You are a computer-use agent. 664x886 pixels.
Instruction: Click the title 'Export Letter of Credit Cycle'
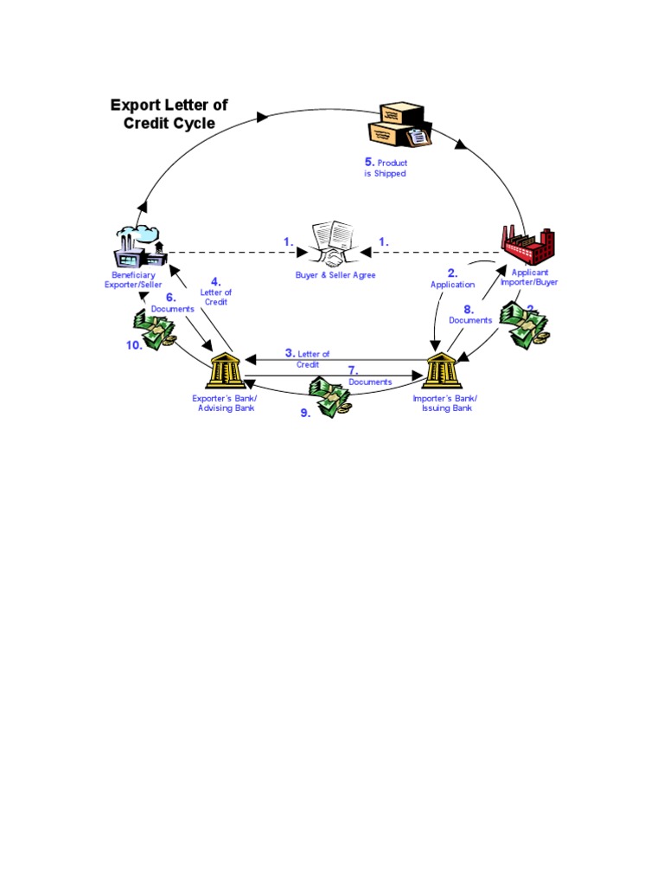(x=169, y=114)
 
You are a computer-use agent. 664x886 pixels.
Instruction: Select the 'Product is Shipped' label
(x=386, y=168)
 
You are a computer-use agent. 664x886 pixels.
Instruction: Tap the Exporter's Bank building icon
(x=225, y=371)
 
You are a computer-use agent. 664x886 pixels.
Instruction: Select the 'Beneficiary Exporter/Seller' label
(x=132, y=279)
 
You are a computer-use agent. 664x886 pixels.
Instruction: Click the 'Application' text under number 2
(x=453, y=285)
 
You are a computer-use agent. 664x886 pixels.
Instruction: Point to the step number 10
(x=132, y=343)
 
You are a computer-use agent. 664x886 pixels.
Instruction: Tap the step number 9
(x=305, y=414)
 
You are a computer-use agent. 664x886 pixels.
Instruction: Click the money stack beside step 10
(x=156, y=331)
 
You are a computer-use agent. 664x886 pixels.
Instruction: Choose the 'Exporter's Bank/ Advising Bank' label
(x=225, y=403)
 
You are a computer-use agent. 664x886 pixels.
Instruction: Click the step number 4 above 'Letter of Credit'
(x=216, y=281)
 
